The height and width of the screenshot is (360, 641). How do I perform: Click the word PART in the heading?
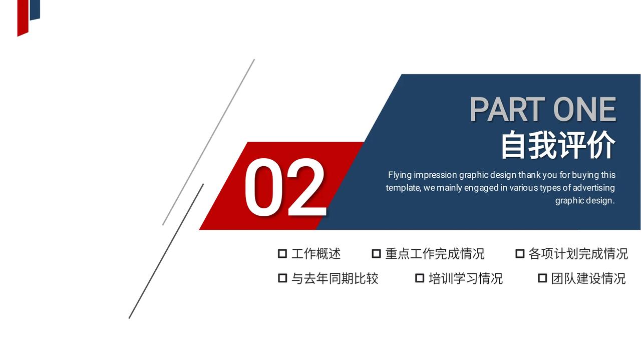[507, 109]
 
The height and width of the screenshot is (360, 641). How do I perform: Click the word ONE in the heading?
[584, 109]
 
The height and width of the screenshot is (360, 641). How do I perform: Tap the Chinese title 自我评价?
[558, 145]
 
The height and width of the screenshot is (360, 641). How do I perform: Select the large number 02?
[285, 187]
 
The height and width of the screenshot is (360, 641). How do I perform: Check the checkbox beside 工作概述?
[282, 253]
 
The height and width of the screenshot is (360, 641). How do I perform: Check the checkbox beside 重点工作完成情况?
[376, 253]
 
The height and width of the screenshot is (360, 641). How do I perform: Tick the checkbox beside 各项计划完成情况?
[520, 253]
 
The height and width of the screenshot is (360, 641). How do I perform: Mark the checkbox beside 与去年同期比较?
[282, 278]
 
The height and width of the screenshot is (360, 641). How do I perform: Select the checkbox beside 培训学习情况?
[420, 278]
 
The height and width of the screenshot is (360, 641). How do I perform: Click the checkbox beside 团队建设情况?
[542, 278]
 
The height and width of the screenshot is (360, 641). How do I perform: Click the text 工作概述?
[316, 254]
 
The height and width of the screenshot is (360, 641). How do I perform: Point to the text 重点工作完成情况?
[435, 254]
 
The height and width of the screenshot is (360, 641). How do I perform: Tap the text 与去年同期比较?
[335, 278]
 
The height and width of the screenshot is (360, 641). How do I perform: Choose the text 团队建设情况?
[588, 278]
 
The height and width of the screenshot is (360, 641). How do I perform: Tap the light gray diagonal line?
[209, 142]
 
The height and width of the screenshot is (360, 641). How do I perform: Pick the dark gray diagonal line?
[166, 251]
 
